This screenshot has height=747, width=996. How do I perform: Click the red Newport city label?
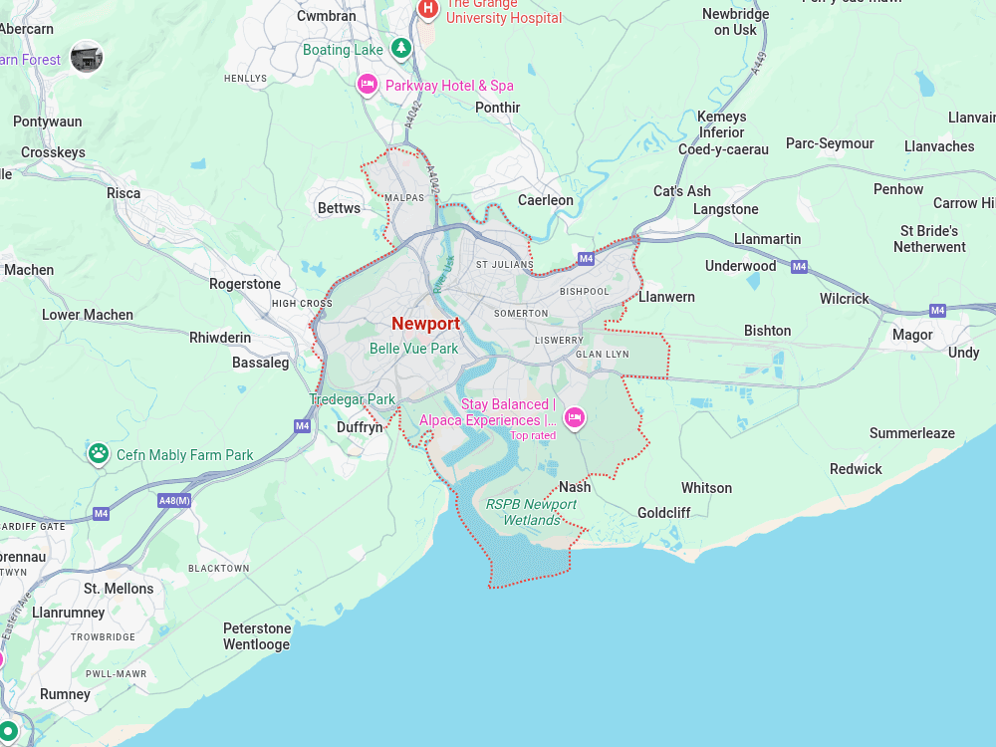tap(425, 324)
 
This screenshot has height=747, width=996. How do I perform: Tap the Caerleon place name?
tap(545, 200)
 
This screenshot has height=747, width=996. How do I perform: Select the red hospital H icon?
tap(427, 9)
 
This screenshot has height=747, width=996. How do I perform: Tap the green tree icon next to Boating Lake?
tap(400, 48)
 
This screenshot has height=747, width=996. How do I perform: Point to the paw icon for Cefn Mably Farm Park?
tap(98, 454)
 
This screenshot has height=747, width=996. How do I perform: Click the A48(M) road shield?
tap(174, 500)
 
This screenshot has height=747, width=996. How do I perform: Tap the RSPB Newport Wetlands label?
tap(531, 512)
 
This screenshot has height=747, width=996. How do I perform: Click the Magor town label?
tap(912, 335)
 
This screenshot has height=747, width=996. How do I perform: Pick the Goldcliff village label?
tap(663, 513)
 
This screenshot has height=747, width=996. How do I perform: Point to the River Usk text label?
tap(443, 274)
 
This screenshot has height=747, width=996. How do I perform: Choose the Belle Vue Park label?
tap(413, 349)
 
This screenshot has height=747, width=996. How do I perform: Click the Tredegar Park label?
tap(353, 399)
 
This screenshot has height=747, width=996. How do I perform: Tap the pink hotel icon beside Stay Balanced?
tap(574, 417)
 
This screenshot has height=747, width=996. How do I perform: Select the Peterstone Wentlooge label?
tap(257, 636)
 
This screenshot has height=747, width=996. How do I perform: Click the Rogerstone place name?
tap(245, 284)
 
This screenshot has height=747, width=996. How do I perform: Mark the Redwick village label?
tap(856, 469)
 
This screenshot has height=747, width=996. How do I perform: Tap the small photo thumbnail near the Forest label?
tap(87, 57)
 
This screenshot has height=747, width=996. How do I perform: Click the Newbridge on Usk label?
tap(735, 22)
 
